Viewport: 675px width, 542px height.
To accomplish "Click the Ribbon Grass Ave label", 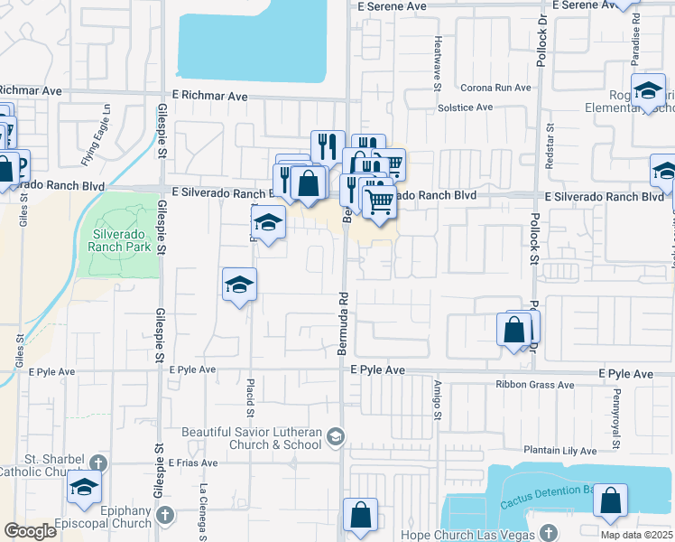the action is tap(534, 385).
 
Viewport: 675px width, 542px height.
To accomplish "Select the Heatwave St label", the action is tap(437, 62).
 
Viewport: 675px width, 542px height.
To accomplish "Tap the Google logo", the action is tap(31, 531).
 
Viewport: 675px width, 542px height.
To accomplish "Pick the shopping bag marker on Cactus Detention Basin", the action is tap(611, 501).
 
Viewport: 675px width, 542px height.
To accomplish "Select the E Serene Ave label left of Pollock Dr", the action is tap(390, 5).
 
